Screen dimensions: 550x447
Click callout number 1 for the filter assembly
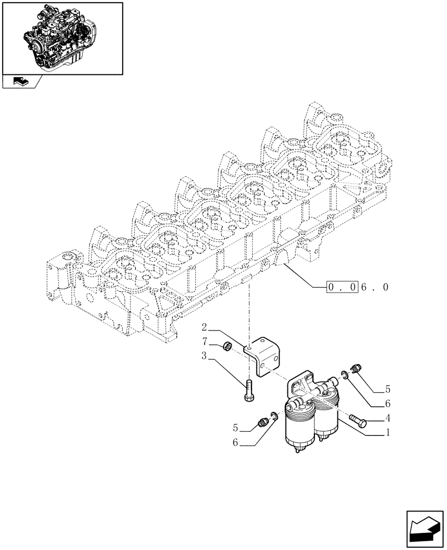coord(389,432)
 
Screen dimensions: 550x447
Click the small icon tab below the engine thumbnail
coord(21,82)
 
